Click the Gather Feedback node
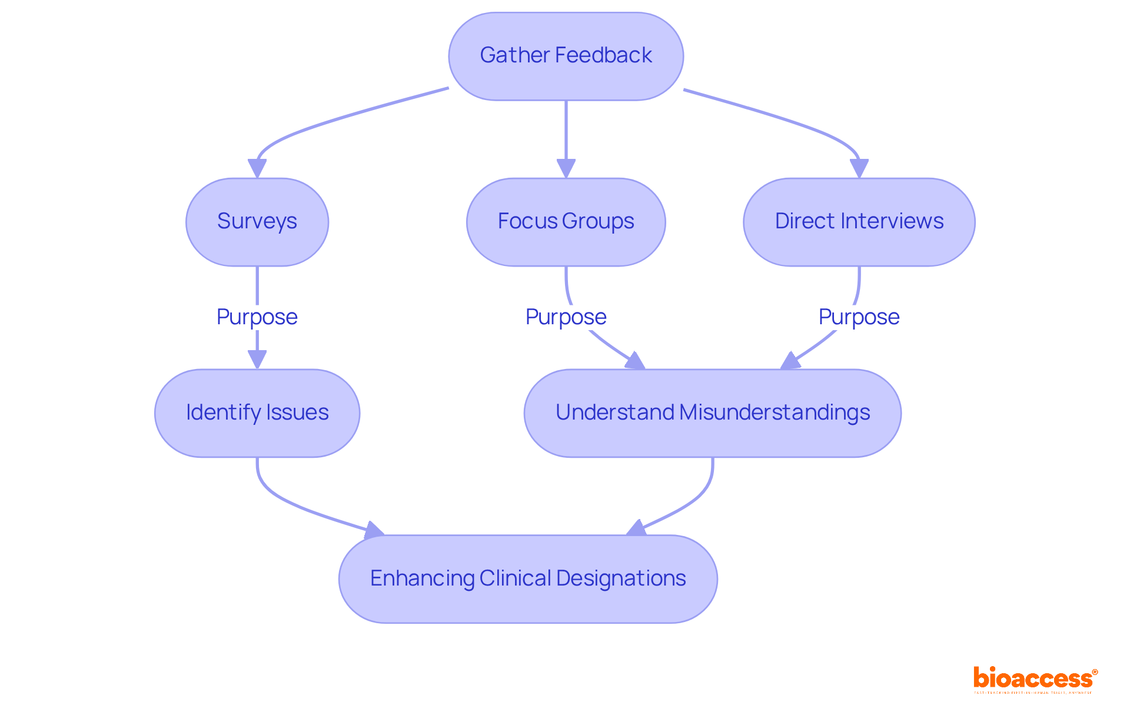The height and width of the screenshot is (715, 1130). click(566, 56)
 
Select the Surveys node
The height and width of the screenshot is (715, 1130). click(257, 222)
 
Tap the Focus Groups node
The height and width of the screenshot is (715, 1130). click(566, 222)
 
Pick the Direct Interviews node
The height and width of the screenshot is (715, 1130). click(859, 222)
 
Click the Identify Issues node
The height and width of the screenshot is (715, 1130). click(257, 413)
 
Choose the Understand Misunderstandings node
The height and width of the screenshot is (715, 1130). click(712, 413)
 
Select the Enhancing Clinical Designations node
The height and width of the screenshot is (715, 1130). click(528, 578)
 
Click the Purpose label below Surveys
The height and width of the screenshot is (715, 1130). click(257, 317)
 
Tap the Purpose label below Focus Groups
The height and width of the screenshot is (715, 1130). click(566, 317)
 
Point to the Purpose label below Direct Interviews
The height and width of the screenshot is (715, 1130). click(859, 317)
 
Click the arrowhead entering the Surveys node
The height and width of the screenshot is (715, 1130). click(257, 168)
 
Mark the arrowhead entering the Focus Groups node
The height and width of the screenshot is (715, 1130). click(566, 168)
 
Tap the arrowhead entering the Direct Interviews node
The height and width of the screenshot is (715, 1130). click(859, 168)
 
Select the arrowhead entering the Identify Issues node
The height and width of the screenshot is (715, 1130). click(257, 359)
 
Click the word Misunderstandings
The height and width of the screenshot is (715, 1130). click(775, 413)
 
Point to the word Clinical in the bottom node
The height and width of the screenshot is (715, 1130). click(515, 578)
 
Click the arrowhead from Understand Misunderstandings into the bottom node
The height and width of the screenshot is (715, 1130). click(637, 528)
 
